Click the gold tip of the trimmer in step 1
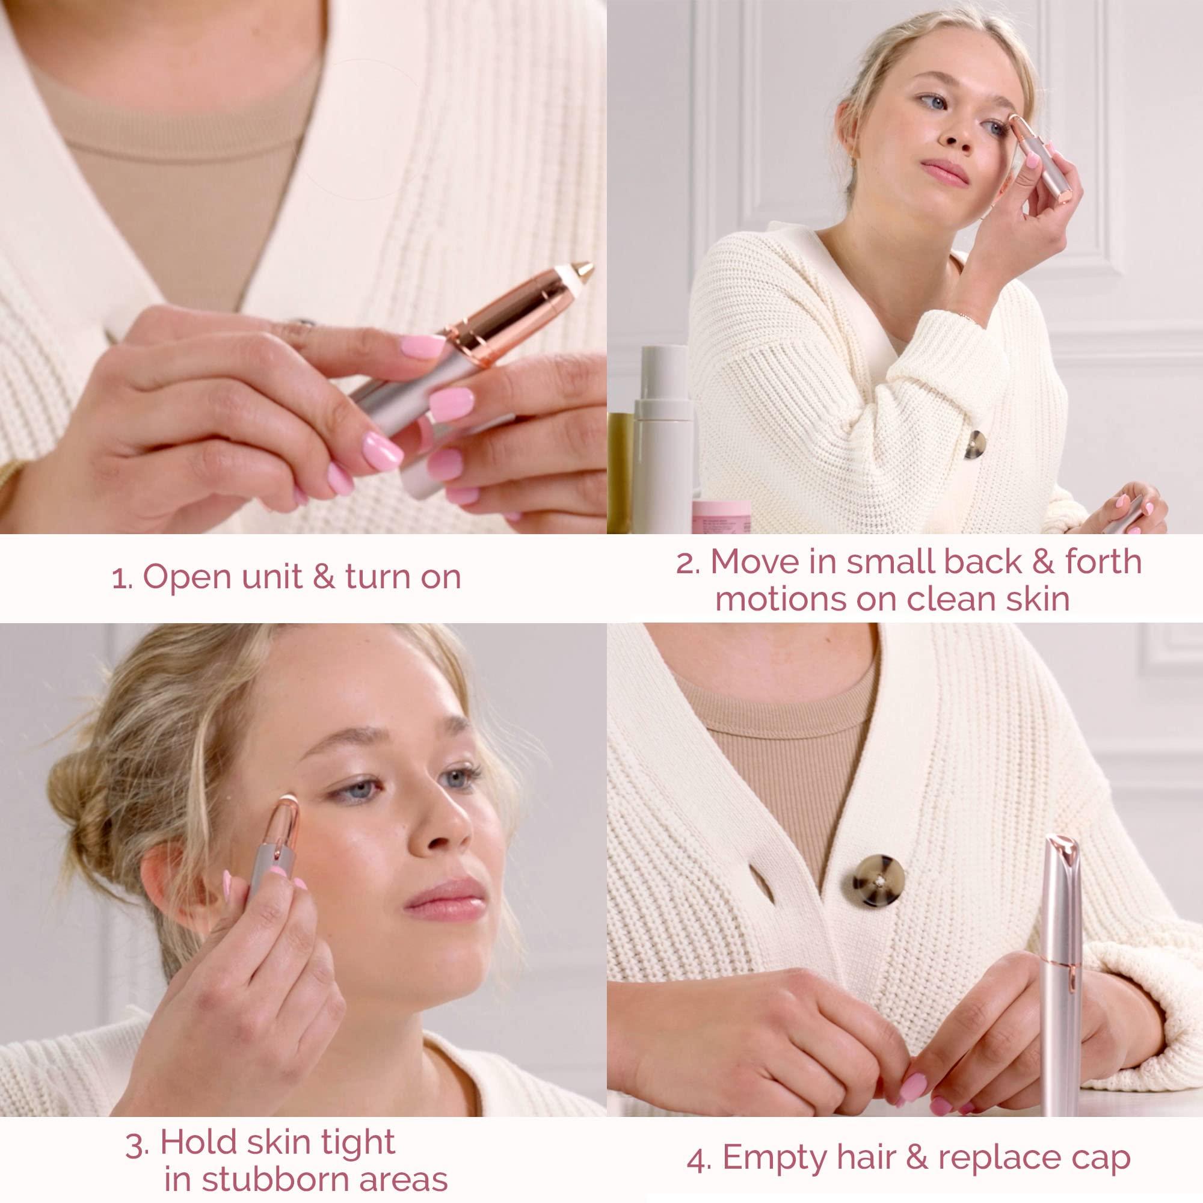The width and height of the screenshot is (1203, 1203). tap(582, 272)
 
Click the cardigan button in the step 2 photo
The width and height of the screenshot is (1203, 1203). tap(974, 445)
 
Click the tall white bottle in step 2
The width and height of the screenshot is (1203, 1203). tap(662, 448)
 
